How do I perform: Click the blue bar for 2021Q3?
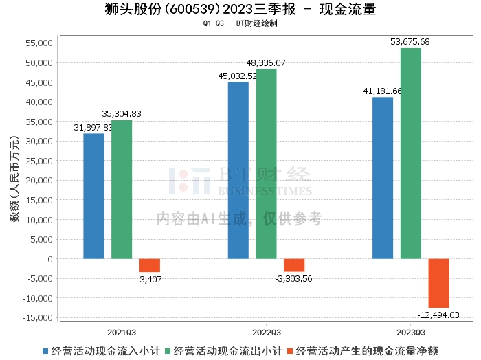pyautogui.click(x=93, y=196)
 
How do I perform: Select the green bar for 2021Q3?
pyautogui.click(x=122, y=190)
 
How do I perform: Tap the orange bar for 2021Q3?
pyautogui.click(x=150, y=265)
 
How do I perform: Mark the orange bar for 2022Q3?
pyautogui.click(x=294, y=265)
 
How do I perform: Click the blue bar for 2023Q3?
pyautogui.click(x=383, y=178)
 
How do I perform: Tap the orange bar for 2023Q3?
pyautogui.click(x=439, y=283)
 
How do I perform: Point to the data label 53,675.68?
pyautogui.click(x=410, y=42)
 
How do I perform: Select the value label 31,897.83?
pyautogui.click(x=93, y=127)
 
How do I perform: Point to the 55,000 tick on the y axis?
pyautogui.click(x=38, y=43)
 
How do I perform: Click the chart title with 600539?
pyautogui.click(x=240, y=10)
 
